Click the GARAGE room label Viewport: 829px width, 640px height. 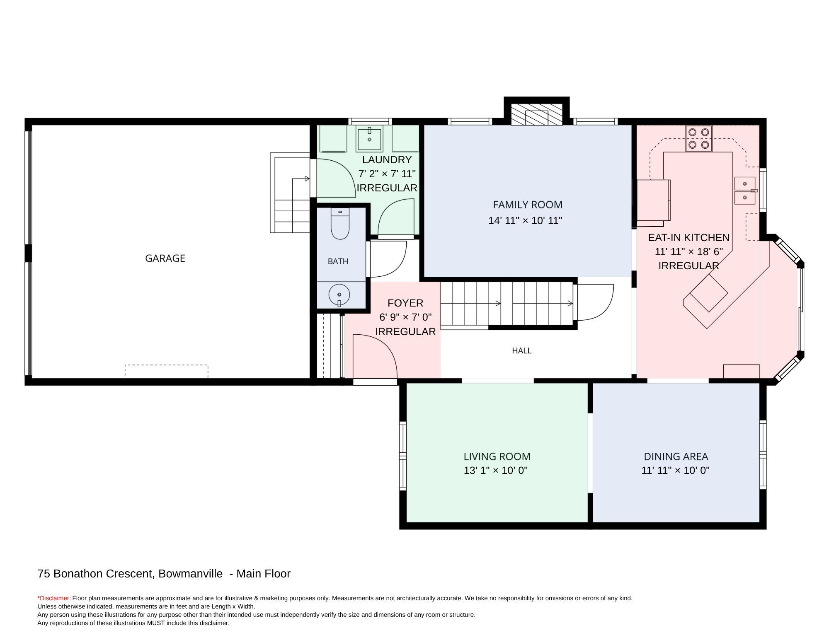point(165,258)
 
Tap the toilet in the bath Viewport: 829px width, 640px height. point(340,224)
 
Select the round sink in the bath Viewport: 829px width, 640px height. point(339,295)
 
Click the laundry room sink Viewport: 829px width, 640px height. point(369,139)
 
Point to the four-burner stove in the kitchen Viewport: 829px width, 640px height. point(698,138)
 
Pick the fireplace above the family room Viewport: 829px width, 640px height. point(536,114)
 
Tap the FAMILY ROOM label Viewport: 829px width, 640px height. point(528,205)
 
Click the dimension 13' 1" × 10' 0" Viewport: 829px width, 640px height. point(496,470)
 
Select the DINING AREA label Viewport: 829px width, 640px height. point(676,456)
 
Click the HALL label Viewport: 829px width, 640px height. point(521,350)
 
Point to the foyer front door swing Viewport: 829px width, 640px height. point(375,356)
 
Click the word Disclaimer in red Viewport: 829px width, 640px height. point(55,598)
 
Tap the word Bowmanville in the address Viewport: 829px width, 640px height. point(190,574)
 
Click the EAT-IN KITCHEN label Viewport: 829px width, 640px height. point(688,237)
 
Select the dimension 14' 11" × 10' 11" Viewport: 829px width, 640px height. point(525,220)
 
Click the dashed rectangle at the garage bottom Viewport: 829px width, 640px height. point(166,372)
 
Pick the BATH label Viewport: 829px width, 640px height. point(338,261)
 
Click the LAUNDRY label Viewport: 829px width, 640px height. point(387,159)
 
